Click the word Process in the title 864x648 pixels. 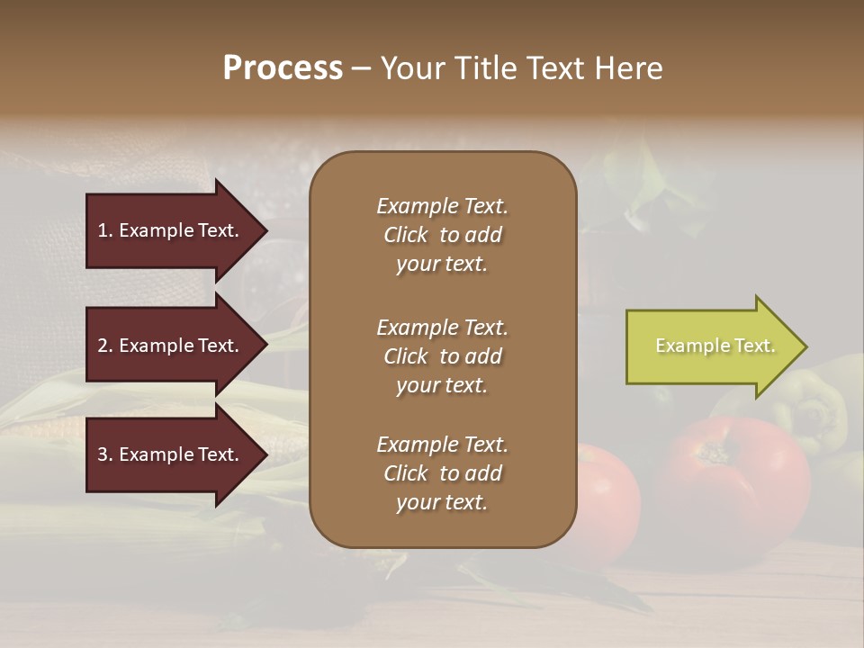pos(283,68)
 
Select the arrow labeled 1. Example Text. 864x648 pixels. pos(171,230)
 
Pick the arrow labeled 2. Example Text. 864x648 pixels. pos(171,346)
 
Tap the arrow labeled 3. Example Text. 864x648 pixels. pos(171,454)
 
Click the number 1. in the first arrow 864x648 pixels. pos(105,230)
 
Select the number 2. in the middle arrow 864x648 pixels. pos(105,346)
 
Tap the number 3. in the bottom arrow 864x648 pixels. pos(105,454)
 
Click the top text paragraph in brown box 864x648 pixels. pos(442,235)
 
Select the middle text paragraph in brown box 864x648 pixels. pos(442,356)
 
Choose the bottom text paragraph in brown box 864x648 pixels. pos(442,473)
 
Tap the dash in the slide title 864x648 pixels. pos(361,69)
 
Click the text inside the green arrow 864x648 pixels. pos(715,346)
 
